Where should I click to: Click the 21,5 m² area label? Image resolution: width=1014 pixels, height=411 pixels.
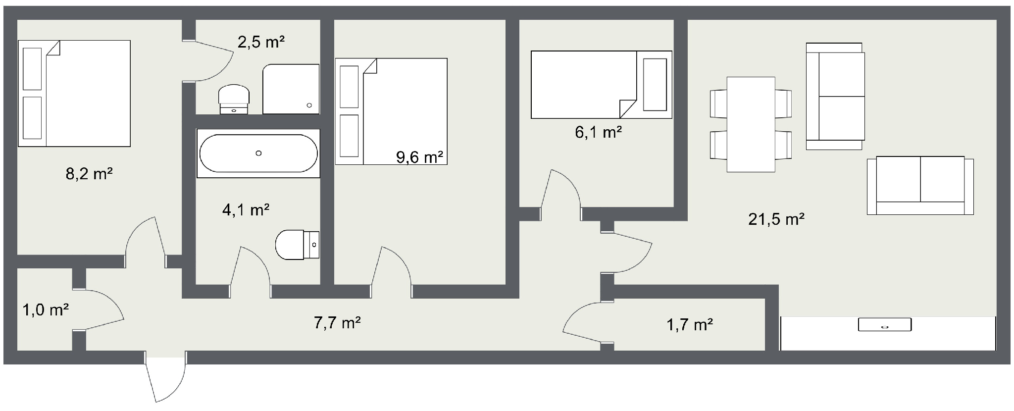[776, 219]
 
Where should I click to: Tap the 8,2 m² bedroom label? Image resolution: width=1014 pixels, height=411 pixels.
[89, 174]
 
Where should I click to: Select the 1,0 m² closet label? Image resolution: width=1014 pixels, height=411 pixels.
[46, 310]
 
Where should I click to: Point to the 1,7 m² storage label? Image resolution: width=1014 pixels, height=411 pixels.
[689, 325]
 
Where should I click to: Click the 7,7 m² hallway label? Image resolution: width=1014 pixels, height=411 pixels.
[337, 323]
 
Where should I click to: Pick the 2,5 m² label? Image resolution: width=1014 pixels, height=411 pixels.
[261, 42]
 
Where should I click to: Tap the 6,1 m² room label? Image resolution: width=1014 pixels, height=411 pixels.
[598, 132]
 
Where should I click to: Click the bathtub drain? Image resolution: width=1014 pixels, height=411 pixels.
[258, 154]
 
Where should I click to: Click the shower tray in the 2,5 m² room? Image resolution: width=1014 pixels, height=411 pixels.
[291, 89]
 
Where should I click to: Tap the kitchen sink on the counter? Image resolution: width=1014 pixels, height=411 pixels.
[884, 325]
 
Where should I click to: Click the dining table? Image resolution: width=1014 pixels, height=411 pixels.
[751, 124]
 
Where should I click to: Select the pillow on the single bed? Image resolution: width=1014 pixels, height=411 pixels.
[655, 85]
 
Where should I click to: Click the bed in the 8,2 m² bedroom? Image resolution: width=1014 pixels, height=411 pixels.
[74, 94]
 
